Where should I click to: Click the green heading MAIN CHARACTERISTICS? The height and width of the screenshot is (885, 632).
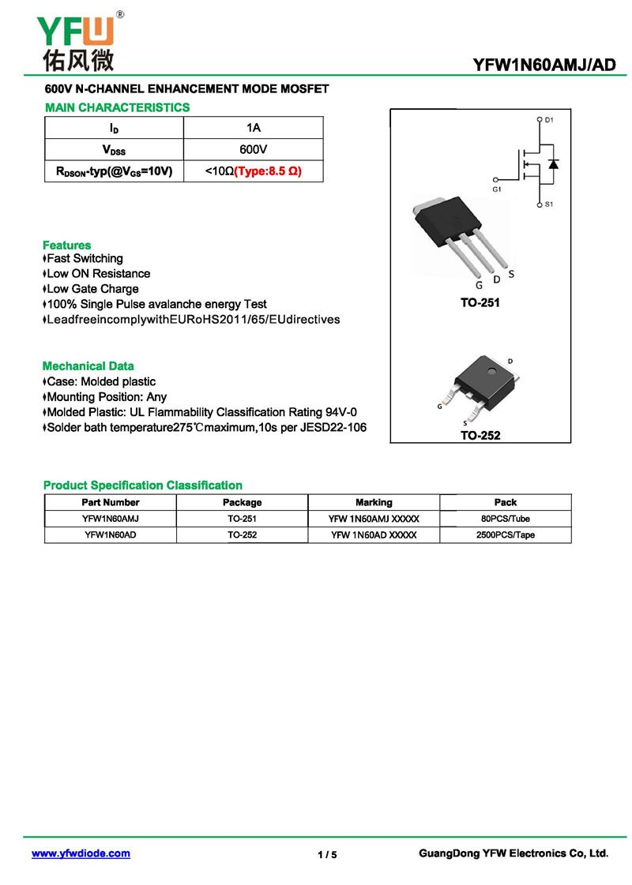click(117, 107)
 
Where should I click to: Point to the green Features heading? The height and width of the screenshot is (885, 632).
click(67, 245)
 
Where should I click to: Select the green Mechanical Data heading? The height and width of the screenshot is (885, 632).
click(88, 366)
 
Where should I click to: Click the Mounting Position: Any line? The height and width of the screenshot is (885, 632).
click(106, 397)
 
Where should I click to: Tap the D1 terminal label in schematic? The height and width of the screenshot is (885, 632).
click(550, 120)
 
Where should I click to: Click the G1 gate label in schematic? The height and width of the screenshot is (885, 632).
click(497, 190)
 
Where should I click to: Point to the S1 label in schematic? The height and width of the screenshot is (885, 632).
click(550, 204)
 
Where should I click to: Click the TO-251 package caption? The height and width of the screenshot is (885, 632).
click(480, 302)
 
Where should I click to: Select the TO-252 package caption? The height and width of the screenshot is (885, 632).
click(480, 435)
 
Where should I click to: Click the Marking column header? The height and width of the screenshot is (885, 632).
click(374, 502)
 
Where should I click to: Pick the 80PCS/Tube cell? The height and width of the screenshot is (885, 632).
click(506, 519)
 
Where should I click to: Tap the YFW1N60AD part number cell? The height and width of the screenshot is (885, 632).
click(111, 535)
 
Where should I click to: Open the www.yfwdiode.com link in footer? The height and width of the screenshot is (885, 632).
click(81, 853)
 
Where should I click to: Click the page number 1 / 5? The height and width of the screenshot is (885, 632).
click(327, 855)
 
